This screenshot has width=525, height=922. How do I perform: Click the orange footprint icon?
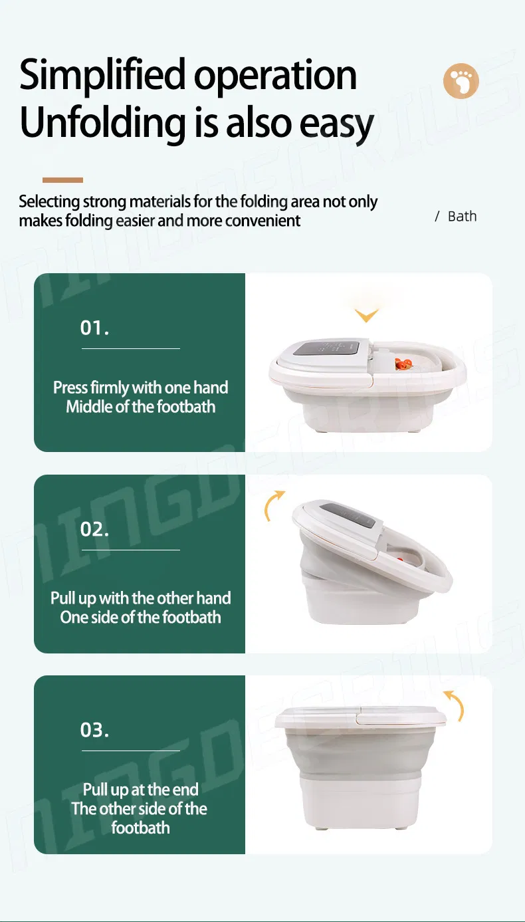(461, 82)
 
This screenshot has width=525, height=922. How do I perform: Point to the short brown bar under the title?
(62, 179)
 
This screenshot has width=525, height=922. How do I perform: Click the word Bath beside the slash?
(462, 217)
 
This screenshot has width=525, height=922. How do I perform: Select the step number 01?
(94, 328)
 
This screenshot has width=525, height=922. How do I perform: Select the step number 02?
(94, 529)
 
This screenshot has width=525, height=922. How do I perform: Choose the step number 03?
(94, 730)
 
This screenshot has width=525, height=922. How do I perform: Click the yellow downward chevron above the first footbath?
(366, 315)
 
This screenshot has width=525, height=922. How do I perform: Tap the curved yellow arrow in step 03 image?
(454, 705)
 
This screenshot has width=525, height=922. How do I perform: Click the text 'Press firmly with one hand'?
(140, 388)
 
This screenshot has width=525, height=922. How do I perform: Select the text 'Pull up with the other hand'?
(140, 598)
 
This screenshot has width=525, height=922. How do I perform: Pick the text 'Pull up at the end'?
(140, 790)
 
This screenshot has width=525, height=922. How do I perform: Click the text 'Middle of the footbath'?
(140, 407)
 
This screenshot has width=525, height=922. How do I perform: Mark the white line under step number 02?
(130, 550)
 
